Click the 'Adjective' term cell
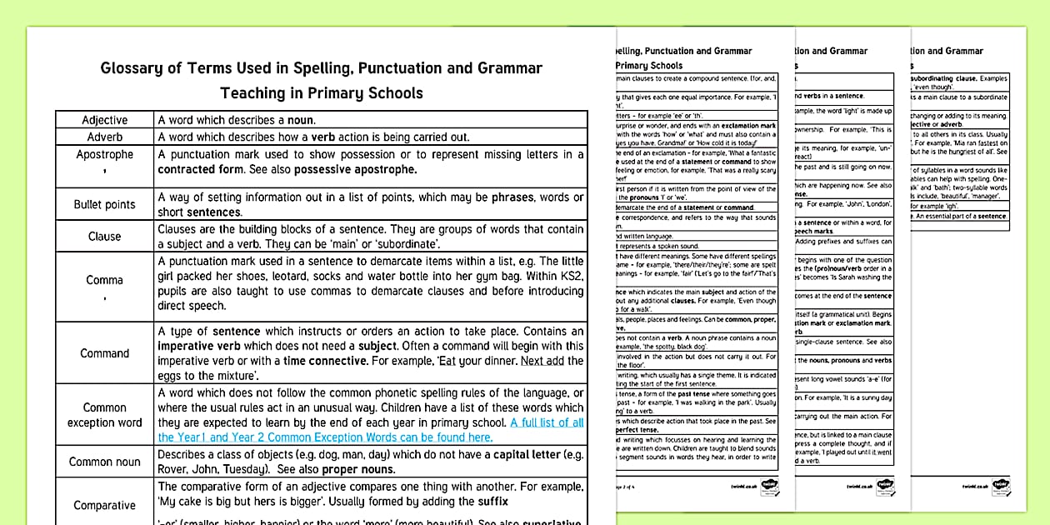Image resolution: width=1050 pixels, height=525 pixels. (x=104, y=120)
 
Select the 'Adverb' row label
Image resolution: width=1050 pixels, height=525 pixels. (x=104, y=137)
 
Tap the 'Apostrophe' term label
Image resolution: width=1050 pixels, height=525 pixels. (x=104, y=155)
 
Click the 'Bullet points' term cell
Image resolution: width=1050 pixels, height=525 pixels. (x=104, y=204)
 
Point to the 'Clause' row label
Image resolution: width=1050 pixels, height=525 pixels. (x=104, y=236)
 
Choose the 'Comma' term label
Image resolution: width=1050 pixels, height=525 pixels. (x=104, y=280)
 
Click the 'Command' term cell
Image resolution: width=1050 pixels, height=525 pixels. (x=104, y=353)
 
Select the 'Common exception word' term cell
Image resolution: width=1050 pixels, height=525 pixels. (x=104, y=415)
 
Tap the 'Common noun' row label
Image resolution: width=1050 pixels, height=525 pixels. (x=104, y=462)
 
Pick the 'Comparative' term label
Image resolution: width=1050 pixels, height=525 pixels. (x=104, y=505)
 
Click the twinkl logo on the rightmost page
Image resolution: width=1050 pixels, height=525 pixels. (x=999, y=484)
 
